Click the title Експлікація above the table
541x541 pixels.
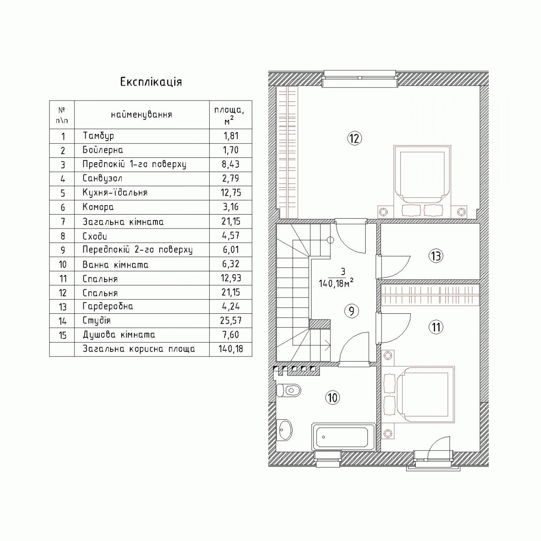coord(151,82)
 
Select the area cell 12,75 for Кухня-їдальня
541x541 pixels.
coord(231,193)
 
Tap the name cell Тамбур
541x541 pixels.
coord(98,136)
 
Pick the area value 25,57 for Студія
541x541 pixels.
coord(231,321)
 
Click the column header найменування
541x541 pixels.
coord(142,115)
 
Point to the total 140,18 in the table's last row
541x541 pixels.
coord(231,349)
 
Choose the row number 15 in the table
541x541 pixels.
coord(63,335)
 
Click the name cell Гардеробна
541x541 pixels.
coord(108,306)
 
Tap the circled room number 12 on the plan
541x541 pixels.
coord(355,138)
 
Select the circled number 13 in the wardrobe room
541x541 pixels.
coord(436,256)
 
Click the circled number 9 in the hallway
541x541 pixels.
coord(352,311)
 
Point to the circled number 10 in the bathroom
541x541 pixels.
coord(332,398)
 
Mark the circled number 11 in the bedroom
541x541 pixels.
coord(436,327)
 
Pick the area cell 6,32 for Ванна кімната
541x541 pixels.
coord(231,264)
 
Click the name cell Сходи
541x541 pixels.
coord(95,236)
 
